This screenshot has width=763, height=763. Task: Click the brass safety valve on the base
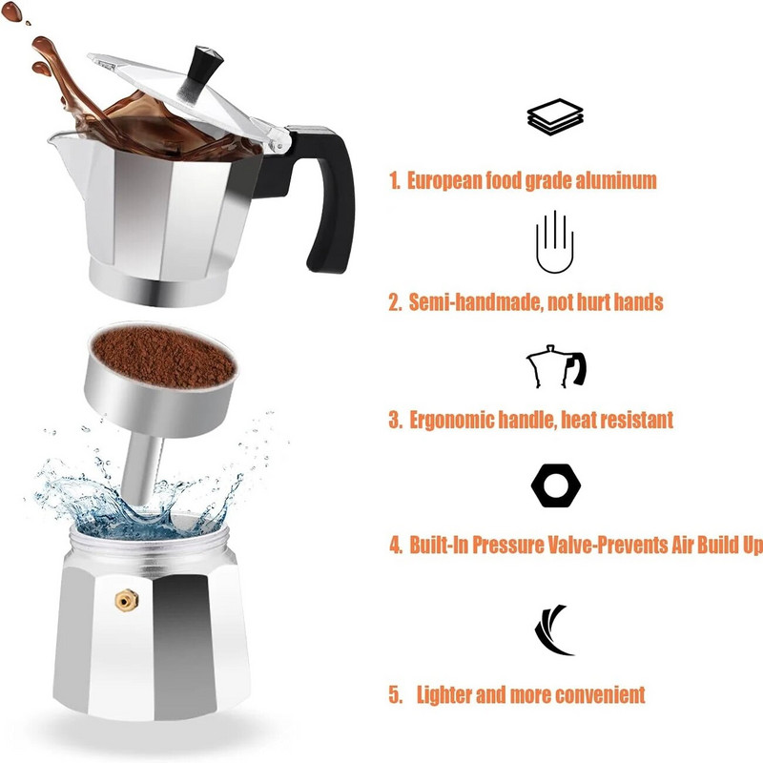coord(124,598)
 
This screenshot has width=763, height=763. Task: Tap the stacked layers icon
coord(555,117)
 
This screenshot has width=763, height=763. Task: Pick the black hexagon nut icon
coord(555,486)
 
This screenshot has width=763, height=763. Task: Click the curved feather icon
coord(554,630)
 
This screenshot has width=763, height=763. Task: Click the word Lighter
coord(445,694)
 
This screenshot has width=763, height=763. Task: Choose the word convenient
coord(596,694)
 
